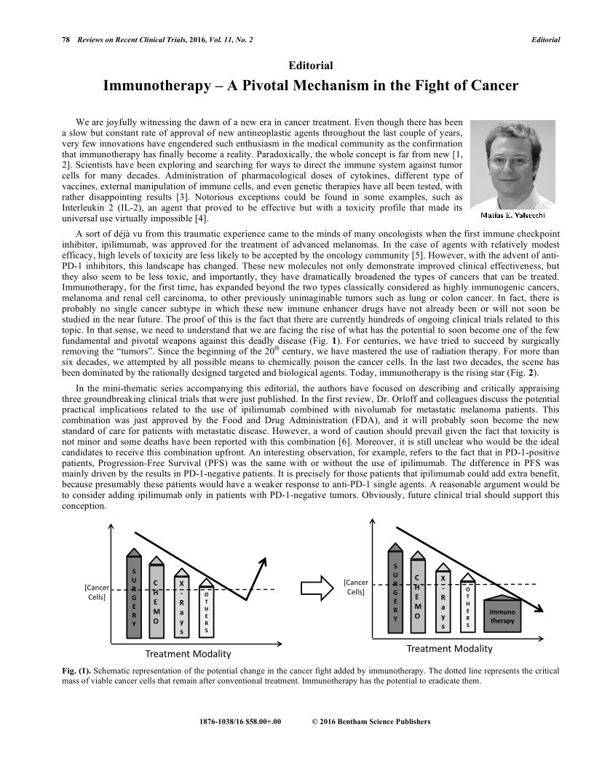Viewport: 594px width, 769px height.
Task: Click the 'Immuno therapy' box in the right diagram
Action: pos(502,616)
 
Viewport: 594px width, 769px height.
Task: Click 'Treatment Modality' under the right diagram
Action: pos(449,648)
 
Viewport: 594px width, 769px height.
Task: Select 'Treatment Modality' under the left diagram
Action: pos(188,653)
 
